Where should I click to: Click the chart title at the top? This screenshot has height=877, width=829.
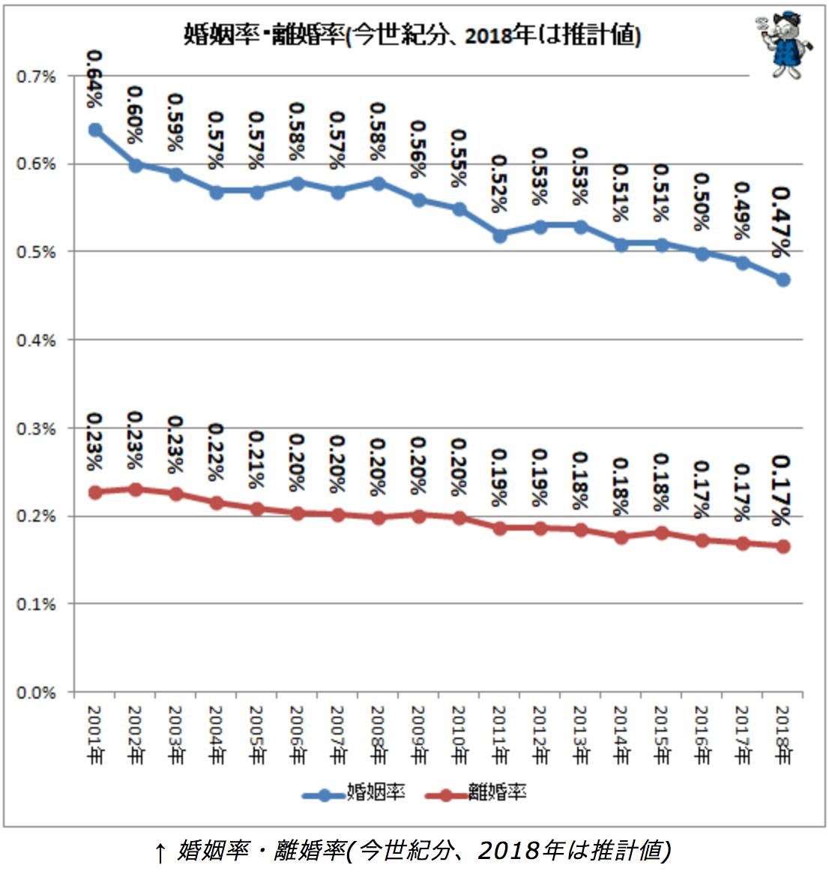(x=412, y=35)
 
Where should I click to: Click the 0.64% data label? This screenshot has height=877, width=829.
(x=96, y=78)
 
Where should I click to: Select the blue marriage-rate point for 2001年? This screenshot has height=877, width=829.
(x=95, y=130)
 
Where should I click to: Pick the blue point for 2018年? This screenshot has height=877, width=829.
(x=783, y=280)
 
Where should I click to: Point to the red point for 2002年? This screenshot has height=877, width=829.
(x=136, y=489)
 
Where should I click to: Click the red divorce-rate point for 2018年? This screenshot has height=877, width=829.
(x=783, y=546)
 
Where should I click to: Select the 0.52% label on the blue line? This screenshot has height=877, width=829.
(x=499, y=184)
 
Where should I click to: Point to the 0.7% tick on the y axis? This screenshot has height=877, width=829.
(x=37, y=76)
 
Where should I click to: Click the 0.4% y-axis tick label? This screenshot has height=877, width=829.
(x=37, y=340)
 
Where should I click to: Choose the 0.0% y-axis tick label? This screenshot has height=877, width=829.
(x=37, y=693)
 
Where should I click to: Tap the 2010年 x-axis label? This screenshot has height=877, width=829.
(x=459, y=735)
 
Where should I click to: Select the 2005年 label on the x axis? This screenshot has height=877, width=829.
(x=257, y=735)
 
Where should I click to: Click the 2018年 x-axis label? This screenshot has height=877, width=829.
(x=783, y=735)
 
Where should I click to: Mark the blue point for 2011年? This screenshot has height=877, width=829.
(x=500, y=235)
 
